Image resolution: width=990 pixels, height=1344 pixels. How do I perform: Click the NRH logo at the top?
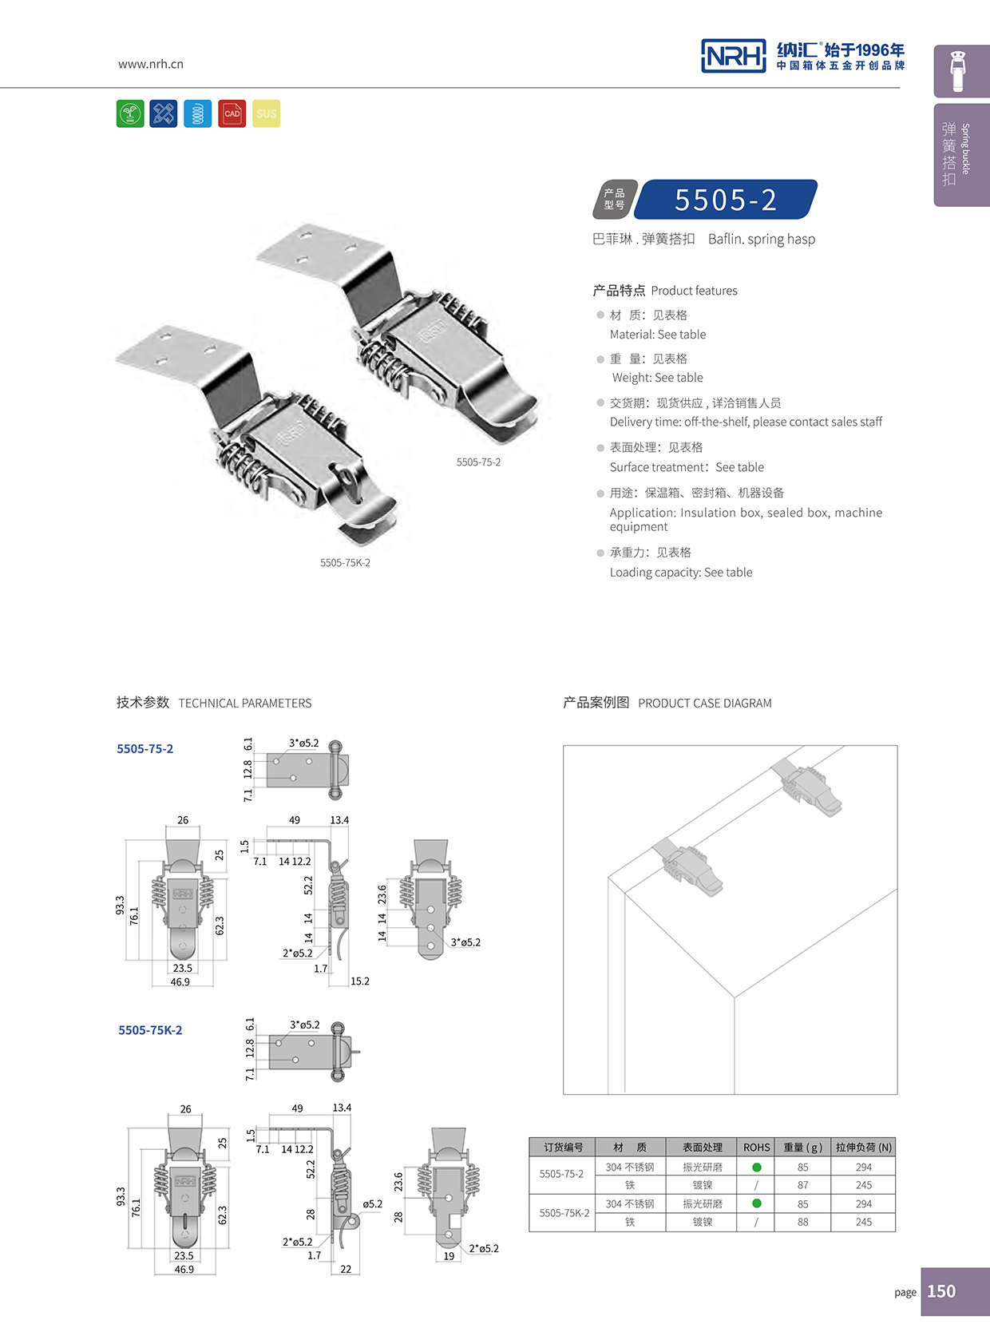click(733, 56)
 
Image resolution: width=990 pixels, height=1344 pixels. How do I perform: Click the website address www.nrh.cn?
click(151, 64)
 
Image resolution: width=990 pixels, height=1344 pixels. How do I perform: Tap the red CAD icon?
click(232, 113)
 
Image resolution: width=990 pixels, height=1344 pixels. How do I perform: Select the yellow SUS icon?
click(267, 113)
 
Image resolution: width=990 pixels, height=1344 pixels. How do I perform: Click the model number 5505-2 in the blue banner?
click(725, 200)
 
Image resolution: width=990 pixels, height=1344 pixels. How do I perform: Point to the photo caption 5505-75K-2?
click(345, 563)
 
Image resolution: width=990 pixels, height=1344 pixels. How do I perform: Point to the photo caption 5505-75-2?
click(478, 462)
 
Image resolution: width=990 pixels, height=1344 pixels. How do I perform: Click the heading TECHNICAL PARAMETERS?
click(245, 704)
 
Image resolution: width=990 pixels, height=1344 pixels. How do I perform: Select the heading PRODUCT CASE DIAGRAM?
click(704, 704)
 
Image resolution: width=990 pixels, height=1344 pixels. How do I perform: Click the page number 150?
click(941, 1291)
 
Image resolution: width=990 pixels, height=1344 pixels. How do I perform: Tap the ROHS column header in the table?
click(756, 1148)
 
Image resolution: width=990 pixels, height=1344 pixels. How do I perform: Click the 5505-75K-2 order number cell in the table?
click(564, 1213)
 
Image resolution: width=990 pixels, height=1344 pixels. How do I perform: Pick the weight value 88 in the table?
click(802, 1223)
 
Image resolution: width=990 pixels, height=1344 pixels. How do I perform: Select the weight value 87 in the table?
click(802, 1186)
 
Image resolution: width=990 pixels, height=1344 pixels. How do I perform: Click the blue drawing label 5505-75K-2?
click(150, 1030)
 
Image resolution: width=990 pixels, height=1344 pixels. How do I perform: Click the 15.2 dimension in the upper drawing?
click(360, 981)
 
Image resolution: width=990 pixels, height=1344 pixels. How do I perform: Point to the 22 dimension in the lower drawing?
click(346, 1269)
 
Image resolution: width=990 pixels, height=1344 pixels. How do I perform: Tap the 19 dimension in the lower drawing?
click(449, 1256)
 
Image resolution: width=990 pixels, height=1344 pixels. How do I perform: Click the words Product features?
click(694, 291)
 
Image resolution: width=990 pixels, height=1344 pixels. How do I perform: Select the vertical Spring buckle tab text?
click(965, 149)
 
